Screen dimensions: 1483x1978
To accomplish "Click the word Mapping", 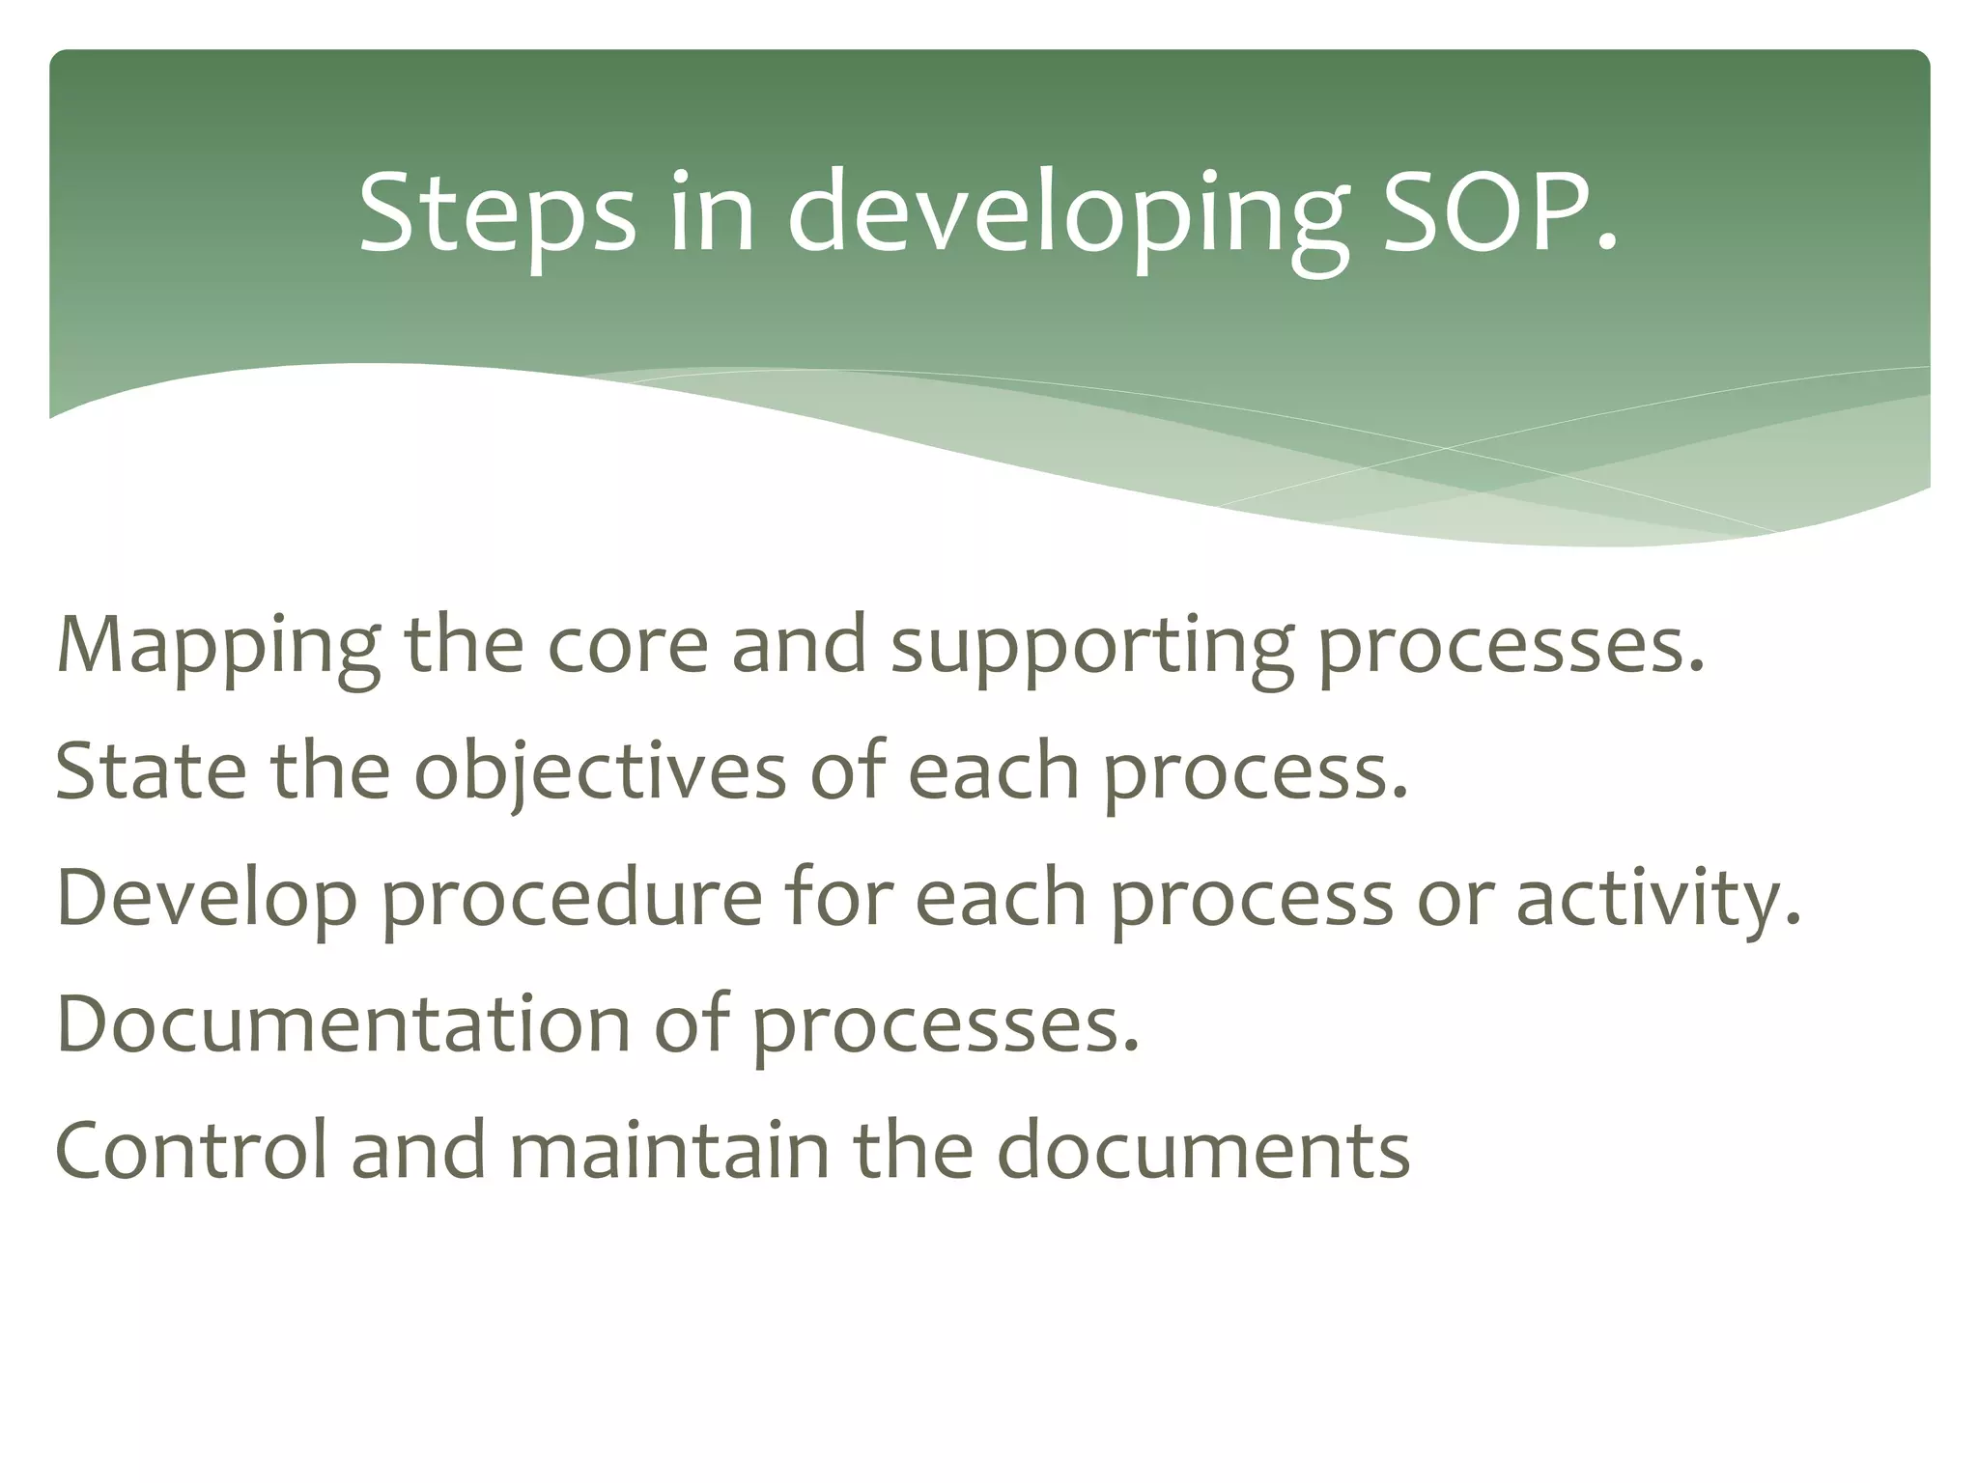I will coord(218,647).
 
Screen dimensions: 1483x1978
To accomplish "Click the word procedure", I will coord(571,900).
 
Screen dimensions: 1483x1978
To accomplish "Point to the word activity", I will coord(1657,900).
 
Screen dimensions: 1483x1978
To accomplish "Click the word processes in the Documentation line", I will coord(946,1027).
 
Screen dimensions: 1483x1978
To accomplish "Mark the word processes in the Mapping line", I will coord(1512,649).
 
